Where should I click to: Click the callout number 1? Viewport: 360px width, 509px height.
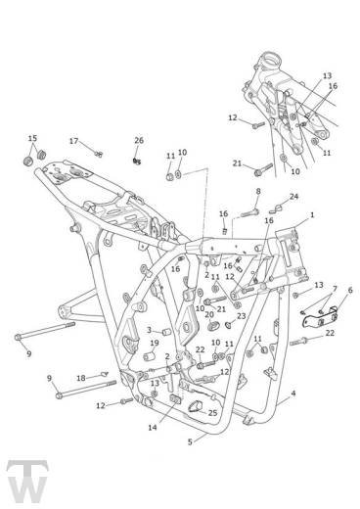coord(312,215)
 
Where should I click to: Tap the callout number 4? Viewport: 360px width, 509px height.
coord(293,393)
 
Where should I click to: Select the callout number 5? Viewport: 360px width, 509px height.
coord(190,441)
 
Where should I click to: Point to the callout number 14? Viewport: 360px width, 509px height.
coord(153,427)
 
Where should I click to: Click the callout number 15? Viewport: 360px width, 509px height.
coord(32,138)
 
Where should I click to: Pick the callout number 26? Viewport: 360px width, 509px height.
coord(139,140)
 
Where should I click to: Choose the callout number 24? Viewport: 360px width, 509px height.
coord(293,197)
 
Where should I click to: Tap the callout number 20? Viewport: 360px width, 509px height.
coord(209,314)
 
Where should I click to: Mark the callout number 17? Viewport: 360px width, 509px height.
coord(74,141)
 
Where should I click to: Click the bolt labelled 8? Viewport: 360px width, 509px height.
coord(250,212)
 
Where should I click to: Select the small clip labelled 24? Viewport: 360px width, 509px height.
coord(276,208)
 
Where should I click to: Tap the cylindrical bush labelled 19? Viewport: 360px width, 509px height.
coord(149,356)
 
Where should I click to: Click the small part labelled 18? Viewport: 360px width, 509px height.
coord(104,374)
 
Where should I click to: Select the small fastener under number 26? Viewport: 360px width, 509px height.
coord(137,161)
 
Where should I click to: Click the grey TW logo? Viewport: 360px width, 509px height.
coord(27,482)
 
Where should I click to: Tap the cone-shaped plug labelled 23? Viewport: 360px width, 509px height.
coord(229,325)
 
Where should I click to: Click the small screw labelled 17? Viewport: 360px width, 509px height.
coord(99,154)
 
